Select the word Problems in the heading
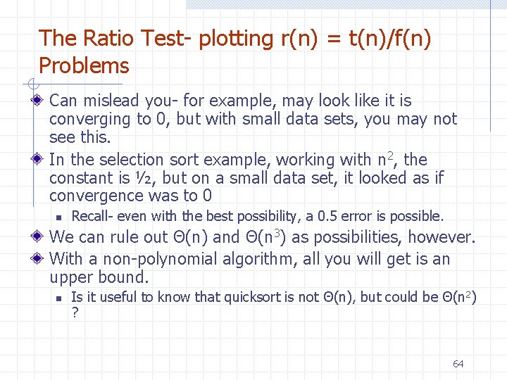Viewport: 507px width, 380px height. (84, 66)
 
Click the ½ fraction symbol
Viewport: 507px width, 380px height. (146, 178)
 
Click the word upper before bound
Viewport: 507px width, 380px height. (72, 277)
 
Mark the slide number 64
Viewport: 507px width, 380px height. (458, 364)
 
